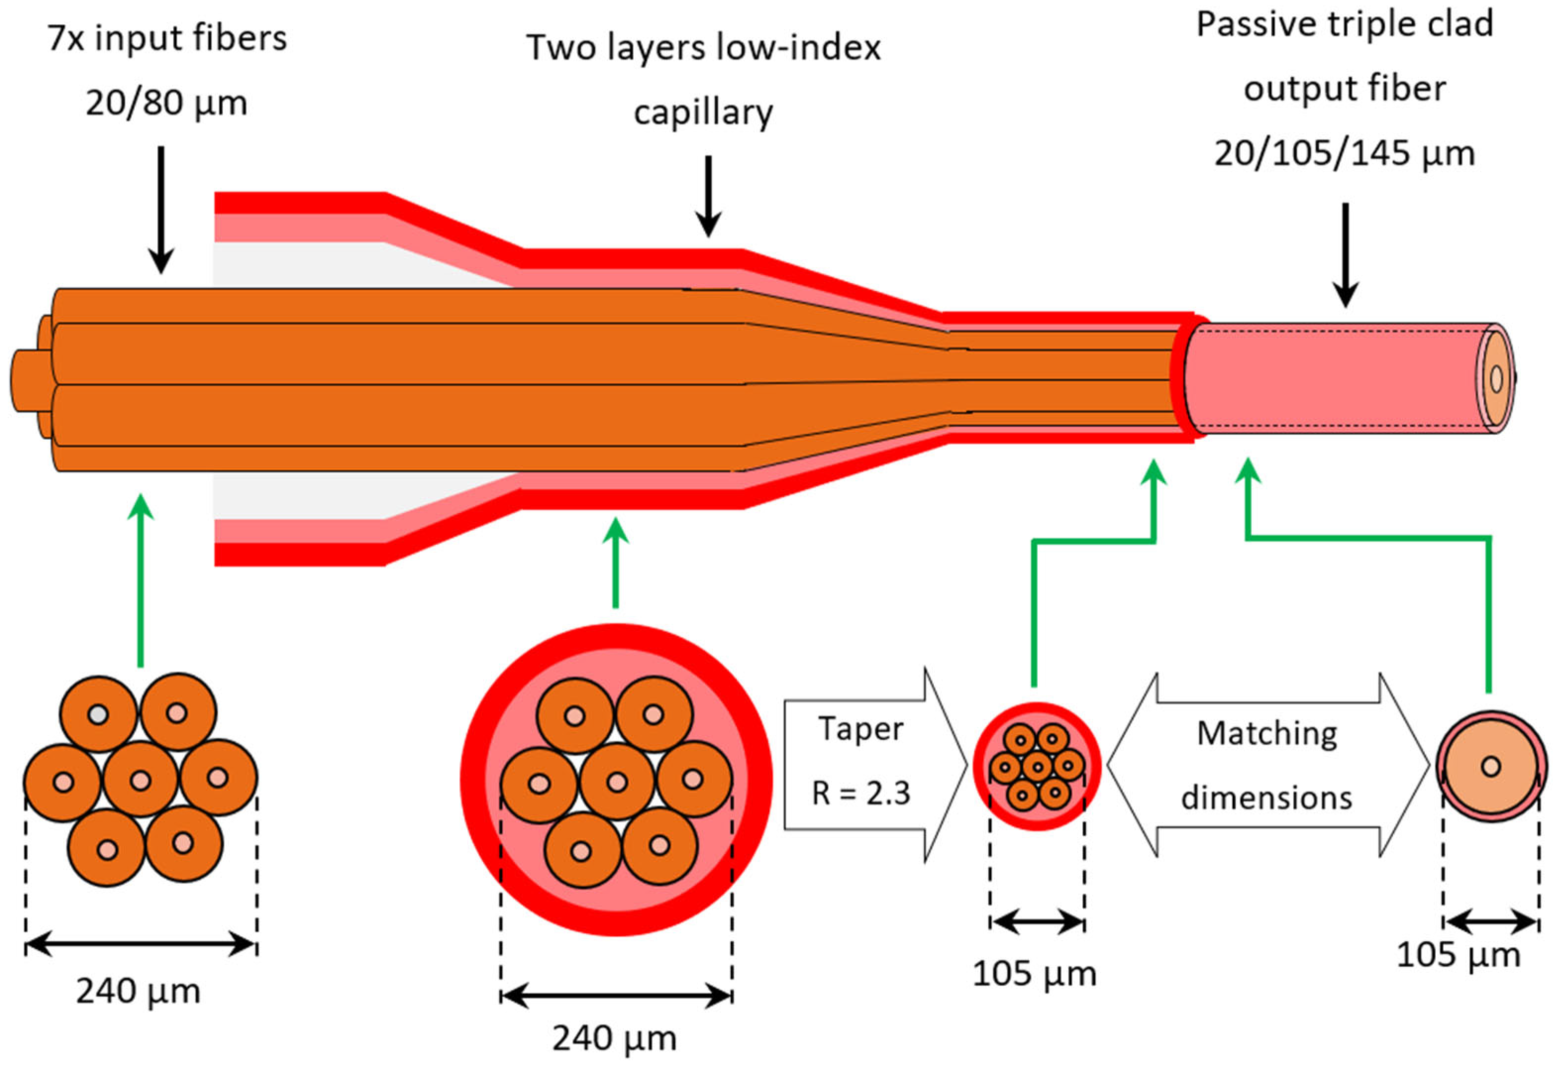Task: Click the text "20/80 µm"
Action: [x=166, y=103]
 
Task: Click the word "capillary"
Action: [x=703, y=112]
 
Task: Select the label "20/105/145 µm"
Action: [x=1345, y=153]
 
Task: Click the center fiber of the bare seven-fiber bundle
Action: [x=140, y=780]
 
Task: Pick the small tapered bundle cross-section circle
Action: [x=1037, y=766]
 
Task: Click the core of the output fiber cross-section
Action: [x=1491, y=766]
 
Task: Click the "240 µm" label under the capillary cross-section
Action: [x=614, y=1037]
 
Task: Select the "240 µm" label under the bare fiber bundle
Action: [x=138, y=990]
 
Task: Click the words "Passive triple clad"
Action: [x=1345, y=25]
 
